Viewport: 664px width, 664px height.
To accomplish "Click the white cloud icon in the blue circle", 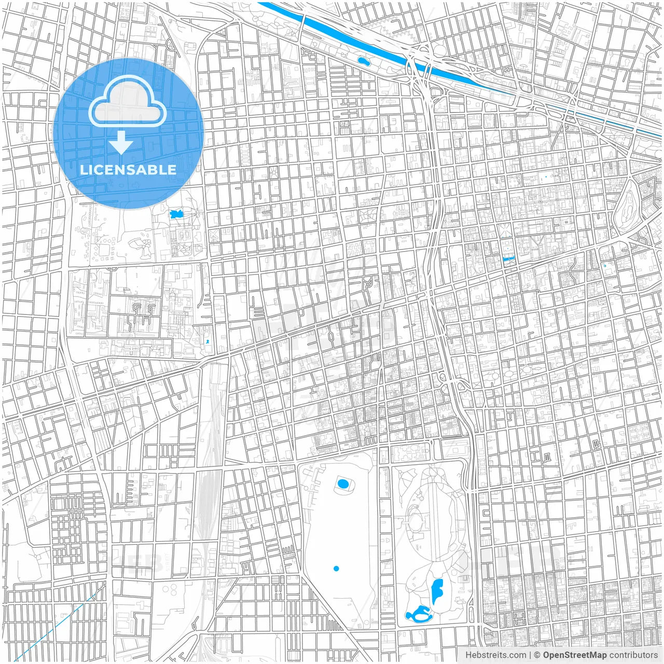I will pos(128,101).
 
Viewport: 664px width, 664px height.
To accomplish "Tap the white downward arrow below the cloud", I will pos(121,143).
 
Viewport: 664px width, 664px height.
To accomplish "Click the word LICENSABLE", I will pos(128,170).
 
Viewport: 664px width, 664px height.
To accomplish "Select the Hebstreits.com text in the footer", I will pos(495,655).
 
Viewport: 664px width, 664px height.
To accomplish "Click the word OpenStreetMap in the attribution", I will pos(575,655).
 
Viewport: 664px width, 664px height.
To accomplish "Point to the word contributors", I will pos(633,655).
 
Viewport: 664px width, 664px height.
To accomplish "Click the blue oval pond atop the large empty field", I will pos(343,484).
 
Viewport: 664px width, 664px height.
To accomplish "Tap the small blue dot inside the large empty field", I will pos(336,569).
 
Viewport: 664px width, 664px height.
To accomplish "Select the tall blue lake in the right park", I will pos(437,591).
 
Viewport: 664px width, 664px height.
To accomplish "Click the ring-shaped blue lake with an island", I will pos(418,616).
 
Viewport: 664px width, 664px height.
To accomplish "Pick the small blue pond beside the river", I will pos(363,61).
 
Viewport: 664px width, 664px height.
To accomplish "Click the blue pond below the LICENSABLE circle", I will pos(176,214).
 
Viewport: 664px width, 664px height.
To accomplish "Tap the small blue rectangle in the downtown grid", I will pos(508,258).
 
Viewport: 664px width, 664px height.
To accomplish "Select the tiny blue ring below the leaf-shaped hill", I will pos(604,266).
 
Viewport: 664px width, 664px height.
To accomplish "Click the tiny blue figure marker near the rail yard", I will pos(208,341).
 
